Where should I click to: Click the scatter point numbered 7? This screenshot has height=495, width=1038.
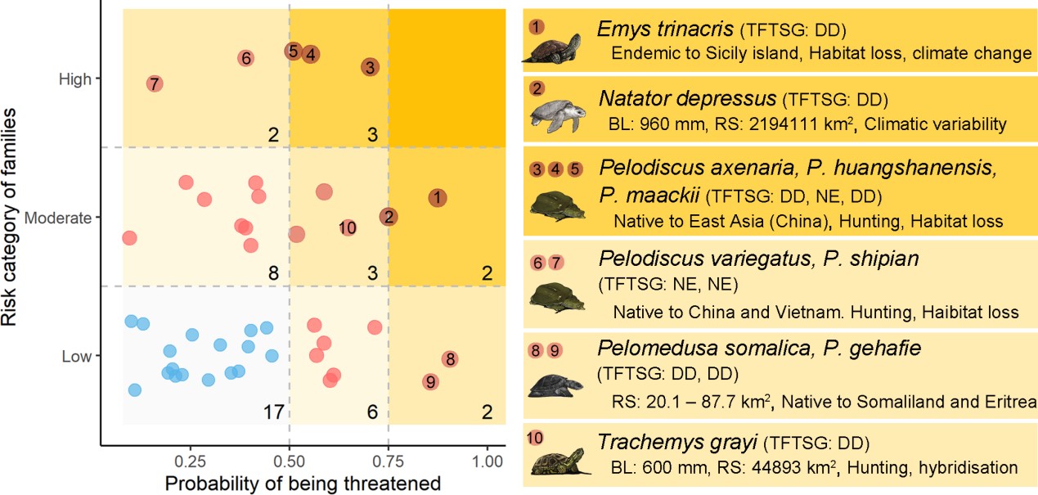[x=154, y=83]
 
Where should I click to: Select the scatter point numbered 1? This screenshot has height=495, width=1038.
[x=438, y=197]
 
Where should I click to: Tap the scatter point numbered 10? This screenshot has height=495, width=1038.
[x=348, y=227]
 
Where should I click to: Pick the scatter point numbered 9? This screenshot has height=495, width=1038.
[x=430, y=381]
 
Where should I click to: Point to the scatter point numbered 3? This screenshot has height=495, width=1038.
[x=370, y=68]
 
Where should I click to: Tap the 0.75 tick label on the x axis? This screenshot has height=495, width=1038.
[x=388, y=461]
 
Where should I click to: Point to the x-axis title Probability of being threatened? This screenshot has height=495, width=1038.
[x=303, y=483]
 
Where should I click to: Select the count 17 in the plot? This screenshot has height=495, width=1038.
[x=273, y=412]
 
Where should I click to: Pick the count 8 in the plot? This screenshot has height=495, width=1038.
[x=274, y=272]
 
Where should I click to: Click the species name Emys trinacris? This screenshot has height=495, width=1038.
[x=665, y=30]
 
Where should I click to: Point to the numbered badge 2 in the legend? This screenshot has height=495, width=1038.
[x=536, y=88]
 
